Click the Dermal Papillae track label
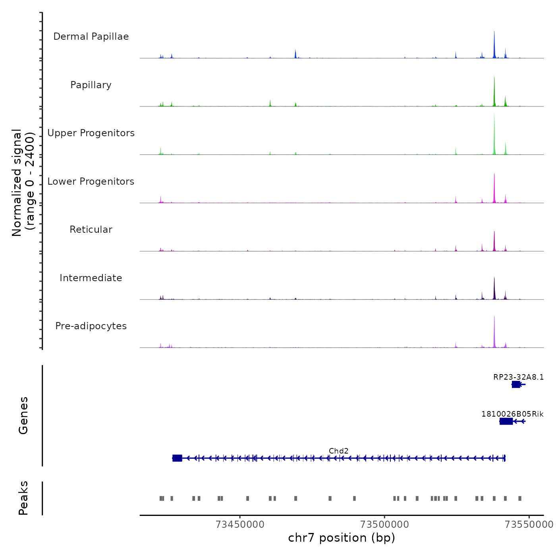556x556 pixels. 91,37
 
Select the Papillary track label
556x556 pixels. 91,85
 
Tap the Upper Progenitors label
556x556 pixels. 91,133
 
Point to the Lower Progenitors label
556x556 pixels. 91,181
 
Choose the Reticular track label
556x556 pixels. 91,230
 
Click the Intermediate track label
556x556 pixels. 91,278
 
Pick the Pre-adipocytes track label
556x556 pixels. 91,326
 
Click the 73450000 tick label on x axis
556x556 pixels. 240,525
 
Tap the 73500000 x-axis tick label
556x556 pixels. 384,525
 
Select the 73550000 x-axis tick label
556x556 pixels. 529,525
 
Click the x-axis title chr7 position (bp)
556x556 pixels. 342,538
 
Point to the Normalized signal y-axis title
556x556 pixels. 23,183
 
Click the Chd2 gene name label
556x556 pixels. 338,451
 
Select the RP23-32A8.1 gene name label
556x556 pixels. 518,377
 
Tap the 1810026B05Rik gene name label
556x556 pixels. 512,414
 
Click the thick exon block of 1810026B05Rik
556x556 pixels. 506,421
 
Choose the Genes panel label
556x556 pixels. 23,415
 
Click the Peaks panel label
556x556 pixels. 23,498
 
